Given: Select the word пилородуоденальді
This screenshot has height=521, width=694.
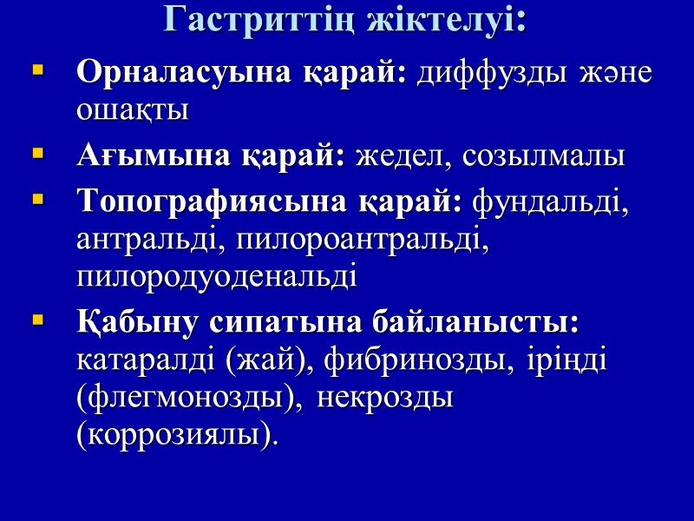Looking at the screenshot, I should pos(217,278).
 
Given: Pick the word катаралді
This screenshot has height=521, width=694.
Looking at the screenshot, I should pos(147,360).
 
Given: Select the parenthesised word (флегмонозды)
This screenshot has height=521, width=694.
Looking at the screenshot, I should pos(191,399).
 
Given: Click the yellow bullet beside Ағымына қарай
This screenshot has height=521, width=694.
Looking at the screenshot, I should pos(37,155).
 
